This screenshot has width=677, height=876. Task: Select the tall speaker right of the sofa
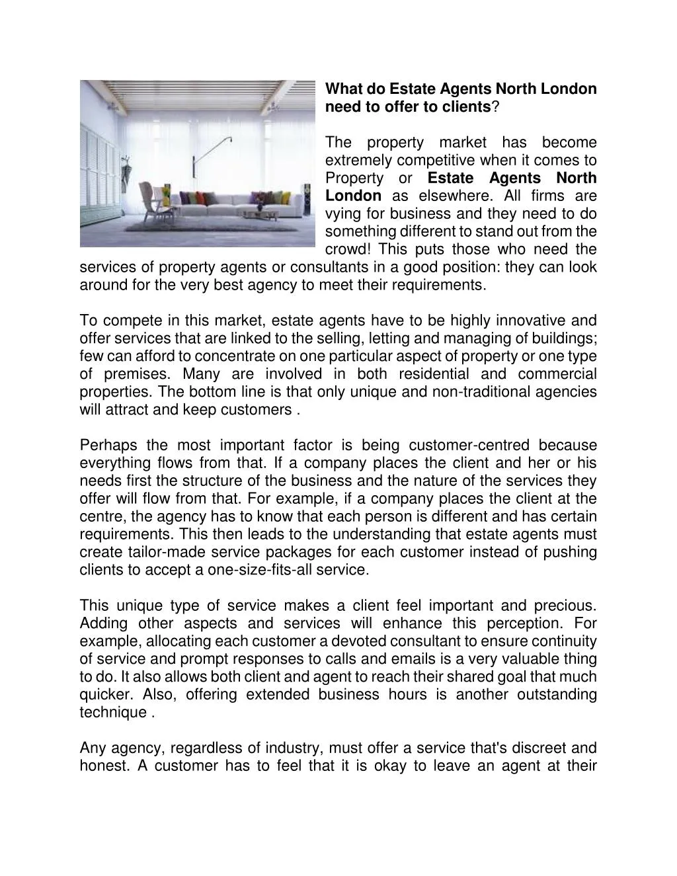pyautogui.click(x=305, y=202)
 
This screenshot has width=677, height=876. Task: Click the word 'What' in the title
pyautogui.click(x=343, y=89)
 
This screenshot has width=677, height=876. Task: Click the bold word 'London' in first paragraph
pyautogui.click(x=353, y=196)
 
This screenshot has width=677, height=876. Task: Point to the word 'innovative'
pyautogui.click(x=530, y=321)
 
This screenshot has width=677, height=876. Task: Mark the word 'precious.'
pyautogui.click(x=564, y=606)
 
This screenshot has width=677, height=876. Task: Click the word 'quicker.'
pyautogui.click(x=104, y=695)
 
